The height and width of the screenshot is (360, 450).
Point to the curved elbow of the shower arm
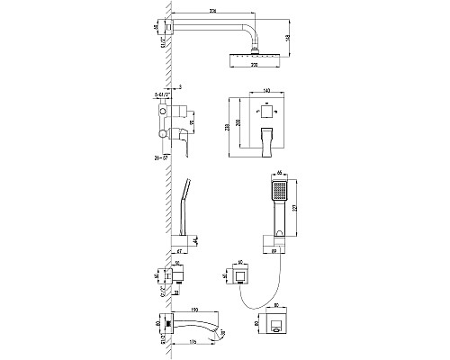(256, 33)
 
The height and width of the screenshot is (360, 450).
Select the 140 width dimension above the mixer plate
(267, 92)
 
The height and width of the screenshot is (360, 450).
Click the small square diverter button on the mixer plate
(267, 113)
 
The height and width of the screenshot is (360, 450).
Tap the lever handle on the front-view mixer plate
(267, 136)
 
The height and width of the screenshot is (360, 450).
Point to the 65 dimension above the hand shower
(281, 171)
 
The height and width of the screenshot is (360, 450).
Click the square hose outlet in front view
(240, 272)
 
